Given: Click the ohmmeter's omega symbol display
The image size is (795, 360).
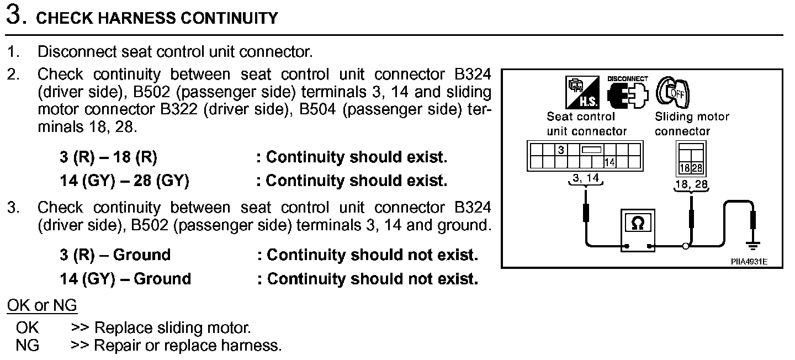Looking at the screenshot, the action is (637, 223).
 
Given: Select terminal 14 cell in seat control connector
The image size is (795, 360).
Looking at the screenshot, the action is (609, 162).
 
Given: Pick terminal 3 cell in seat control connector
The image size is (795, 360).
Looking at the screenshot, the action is (560, 150).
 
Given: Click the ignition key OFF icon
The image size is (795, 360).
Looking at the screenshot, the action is (672, 92).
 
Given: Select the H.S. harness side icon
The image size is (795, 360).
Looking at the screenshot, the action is (582, 92).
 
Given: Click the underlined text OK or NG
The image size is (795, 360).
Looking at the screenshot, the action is (42, 305).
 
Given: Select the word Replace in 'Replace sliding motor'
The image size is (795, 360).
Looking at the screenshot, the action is (118, 327).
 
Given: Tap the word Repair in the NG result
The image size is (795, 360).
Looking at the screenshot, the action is (114, 346).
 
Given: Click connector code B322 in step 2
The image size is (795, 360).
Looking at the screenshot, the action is (179, 109).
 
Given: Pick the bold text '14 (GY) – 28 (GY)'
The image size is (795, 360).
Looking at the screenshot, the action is (124, 181).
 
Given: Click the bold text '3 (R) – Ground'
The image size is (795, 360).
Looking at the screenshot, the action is (115, 255).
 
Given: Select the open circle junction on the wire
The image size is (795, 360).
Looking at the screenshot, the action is (685, 246).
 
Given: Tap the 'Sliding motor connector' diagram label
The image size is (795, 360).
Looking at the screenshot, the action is (691, 124).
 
